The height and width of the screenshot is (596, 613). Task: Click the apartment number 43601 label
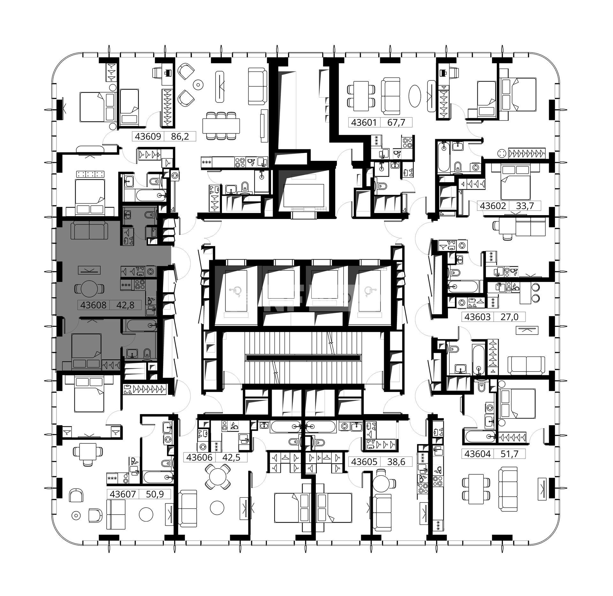(x=364, y=123)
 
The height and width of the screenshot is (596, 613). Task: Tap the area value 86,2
(x=180, y=137)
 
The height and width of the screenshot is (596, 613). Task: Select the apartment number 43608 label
(x=93, y=305)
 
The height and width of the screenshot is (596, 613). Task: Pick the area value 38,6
(x=396, y=462)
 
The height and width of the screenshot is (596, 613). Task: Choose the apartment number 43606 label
(x=199, y=457)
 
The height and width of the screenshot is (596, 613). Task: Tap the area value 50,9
(x=155, y=494)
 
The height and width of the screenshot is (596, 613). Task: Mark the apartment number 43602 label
(x=493, y=206)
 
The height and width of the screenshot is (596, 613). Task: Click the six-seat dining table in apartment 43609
(x=221, y=125)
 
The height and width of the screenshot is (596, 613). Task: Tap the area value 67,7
(x=396, y=123)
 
